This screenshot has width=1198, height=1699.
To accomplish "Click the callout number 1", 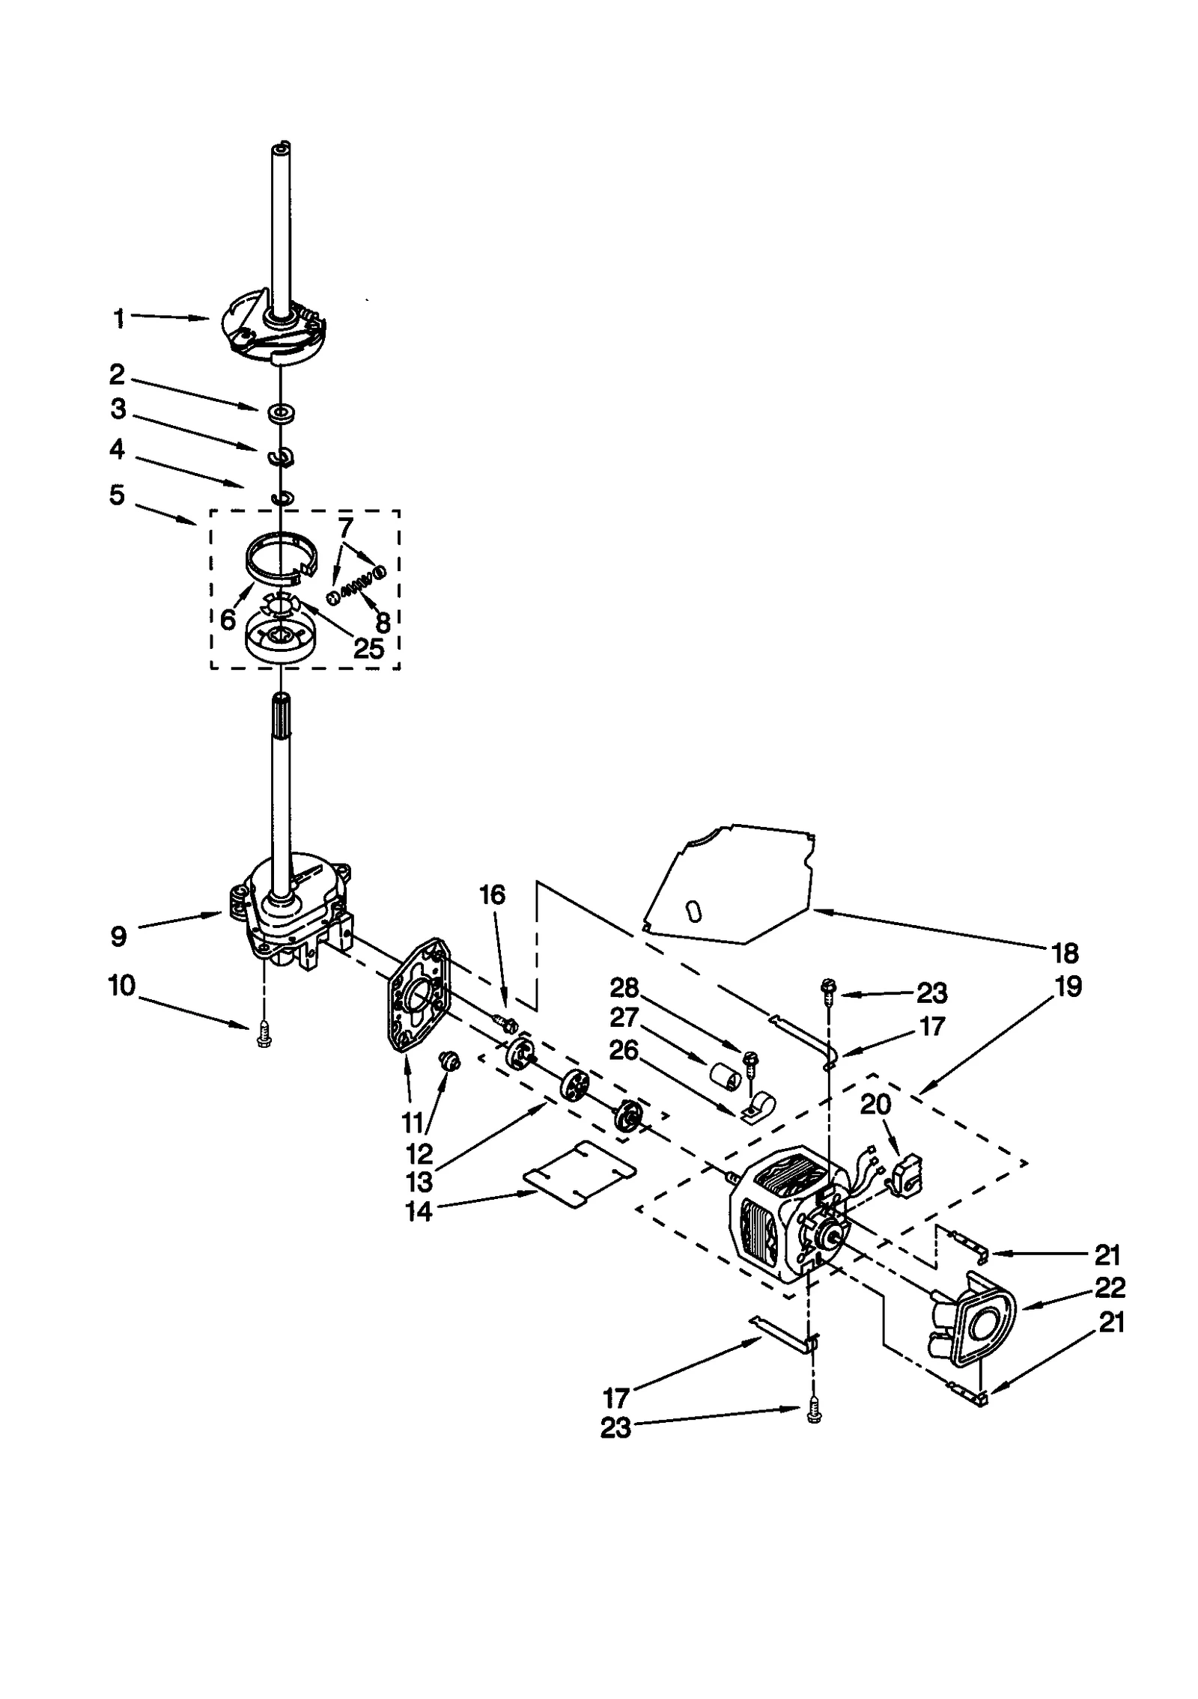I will point(118,319).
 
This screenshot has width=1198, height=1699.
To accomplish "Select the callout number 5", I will point(117,495).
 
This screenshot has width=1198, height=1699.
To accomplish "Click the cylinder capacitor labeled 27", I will point(725,1079).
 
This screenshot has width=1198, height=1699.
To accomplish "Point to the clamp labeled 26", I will point(758,1108).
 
